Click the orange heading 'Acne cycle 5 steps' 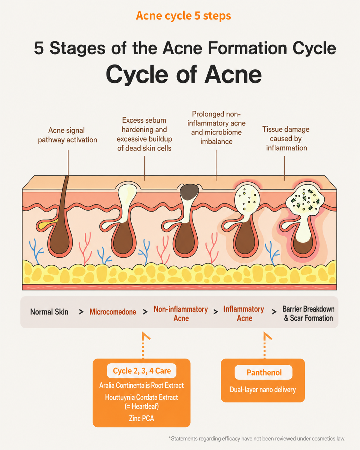click(x=183, y=16)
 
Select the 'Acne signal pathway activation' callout click(x=67, y=135)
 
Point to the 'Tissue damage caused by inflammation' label click(x=286, y=139)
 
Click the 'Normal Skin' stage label click(x=49, y=312)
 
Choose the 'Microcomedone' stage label click(x=113, y=312)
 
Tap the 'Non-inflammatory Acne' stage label click(x=181, y=314)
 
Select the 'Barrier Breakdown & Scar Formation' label click(x=308, y=314)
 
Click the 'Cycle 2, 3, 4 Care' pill click(x=141, y=371)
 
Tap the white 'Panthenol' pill click(x=263, y=372)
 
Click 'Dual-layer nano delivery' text click(x=263, y=390)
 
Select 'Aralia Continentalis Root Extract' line click(x=141, y=385)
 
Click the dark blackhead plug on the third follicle click(x=189, y=192)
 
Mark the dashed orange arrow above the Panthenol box click(x=265, y=345)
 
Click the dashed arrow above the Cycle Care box click(x=143, y=345)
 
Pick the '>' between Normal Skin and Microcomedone click(x=81, y=312)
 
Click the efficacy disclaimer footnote click(x=257, y=438)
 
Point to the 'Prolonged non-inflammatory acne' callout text click(x=216, y=128)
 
